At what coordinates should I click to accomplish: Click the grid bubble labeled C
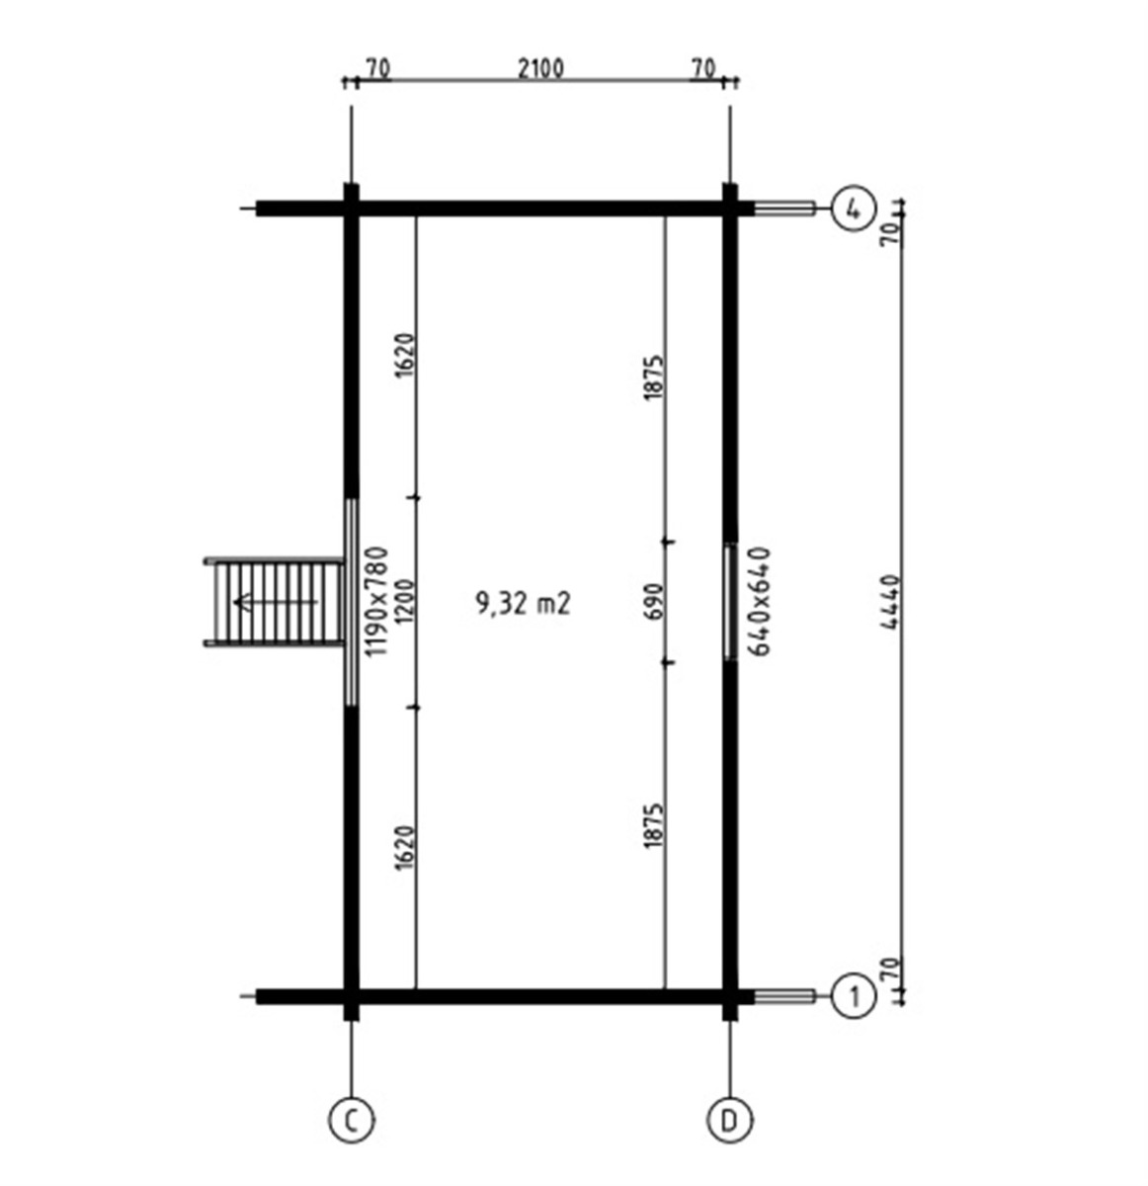(352, 1120)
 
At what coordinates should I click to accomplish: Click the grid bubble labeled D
(729, 1120)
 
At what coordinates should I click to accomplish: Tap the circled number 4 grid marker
(854, 210)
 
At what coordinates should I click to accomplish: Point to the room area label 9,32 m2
(523, 604)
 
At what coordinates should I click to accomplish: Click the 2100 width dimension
(539, 69)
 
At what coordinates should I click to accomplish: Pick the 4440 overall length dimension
(889, 602)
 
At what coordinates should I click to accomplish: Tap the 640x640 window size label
(762, 600)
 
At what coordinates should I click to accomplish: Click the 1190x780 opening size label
(377, 602)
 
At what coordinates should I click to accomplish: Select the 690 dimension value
(653, 602)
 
